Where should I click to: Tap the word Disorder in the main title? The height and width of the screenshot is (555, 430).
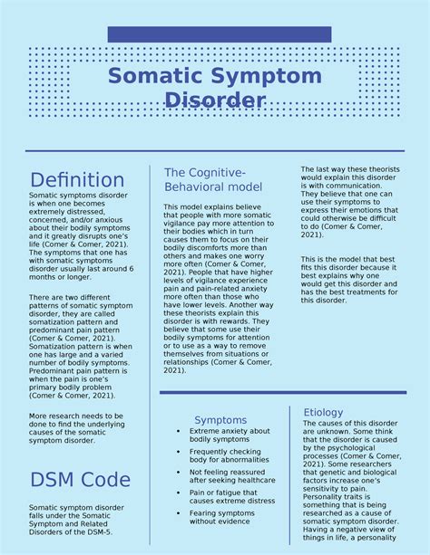pyautogui.click(x=215, y=100)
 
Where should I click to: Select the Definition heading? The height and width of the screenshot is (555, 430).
pyautogui.click(x=77, y=179)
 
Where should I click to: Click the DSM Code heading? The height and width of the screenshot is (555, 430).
pyautogui.click(x=80, y=479)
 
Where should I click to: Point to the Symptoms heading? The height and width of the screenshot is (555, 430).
pyautogui.click(x=220, y=420)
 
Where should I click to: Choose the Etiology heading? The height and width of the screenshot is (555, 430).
pyautogui.click(x=323, y=412)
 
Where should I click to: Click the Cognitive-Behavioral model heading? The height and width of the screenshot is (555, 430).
pyautogui.click(x=213, y=179)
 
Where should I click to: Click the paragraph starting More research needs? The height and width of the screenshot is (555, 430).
pyautogui.click(x=74, y=427)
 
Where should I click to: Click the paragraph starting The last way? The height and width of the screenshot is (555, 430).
pyautogui.click(x=347, y=202)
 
